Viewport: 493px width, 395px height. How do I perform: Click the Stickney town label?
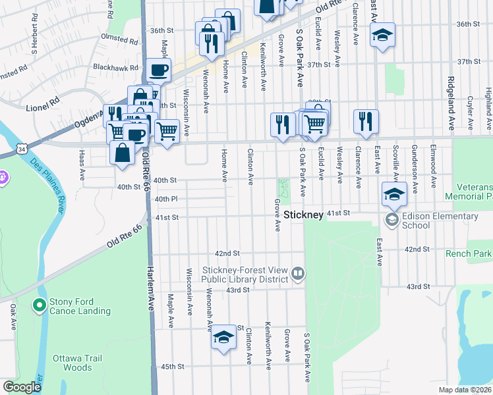click(x=304, y=215)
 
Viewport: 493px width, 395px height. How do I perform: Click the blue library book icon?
click(x=298, y=273)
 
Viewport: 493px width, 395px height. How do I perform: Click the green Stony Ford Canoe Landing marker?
click(x=39, y=305)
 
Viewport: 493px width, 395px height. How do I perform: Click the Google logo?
click(x=22, y=387)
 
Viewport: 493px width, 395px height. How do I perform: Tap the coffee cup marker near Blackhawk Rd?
click(x=158, y=70)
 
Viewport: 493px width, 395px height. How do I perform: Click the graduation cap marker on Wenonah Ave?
click(x=224, y=338)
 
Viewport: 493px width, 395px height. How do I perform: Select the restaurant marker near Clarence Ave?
click(x=366, y=121)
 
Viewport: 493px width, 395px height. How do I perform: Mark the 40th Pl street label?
click(x=166, y=199)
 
